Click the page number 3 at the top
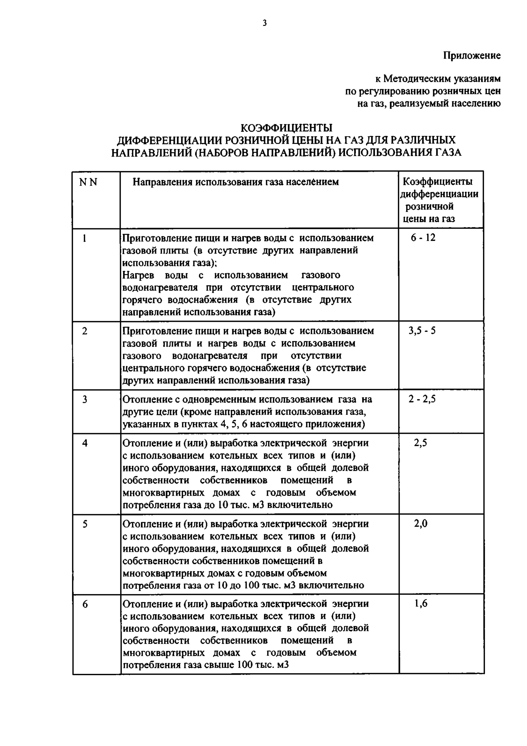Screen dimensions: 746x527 265,23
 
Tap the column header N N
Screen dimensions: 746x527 88,183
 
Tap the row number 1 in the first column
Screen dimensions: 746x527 85,239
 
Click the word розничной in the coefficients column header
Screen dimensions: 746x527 429,207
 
